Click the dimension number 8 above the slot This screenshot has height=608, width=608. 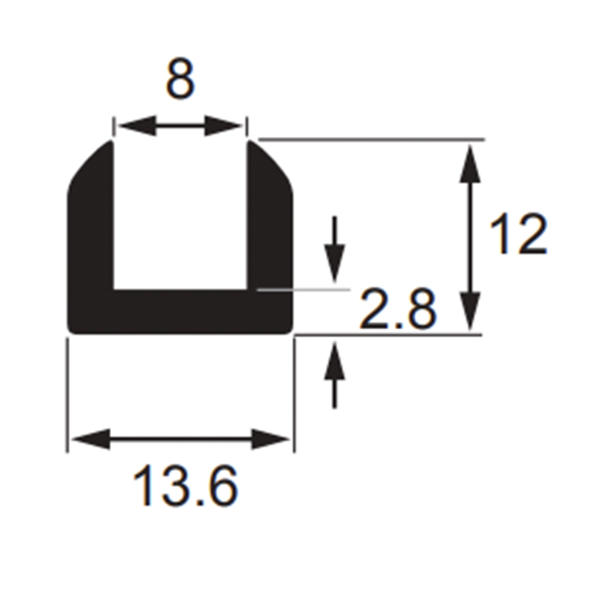pyautogui.click(x=180, y=79)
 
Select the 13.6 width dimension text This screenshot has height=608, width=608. pyautogui.click(x=186, y=486)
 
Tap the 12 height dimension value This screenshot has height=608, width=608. pyautogui.click(x=519, y=233)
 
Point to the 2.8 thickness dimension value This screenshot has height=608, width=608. pyautogui.click(x=398, y=309)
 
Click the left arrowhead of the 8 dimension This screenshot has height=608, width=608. pyautogui.click(x=136, y=126)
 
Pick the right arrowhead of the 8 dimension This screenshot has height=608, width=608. pyautogui.click(x=224, y=126)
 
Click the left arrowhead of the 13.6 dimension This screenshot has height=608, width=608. pyautogui.click(x=91, y=439)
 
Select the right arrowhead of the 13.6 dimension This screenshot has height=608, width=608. pyautogui.click(x=271, y=439)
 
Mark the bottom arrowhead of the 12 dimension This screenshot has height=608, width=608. pyautogui.click(x=470, y=311)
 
